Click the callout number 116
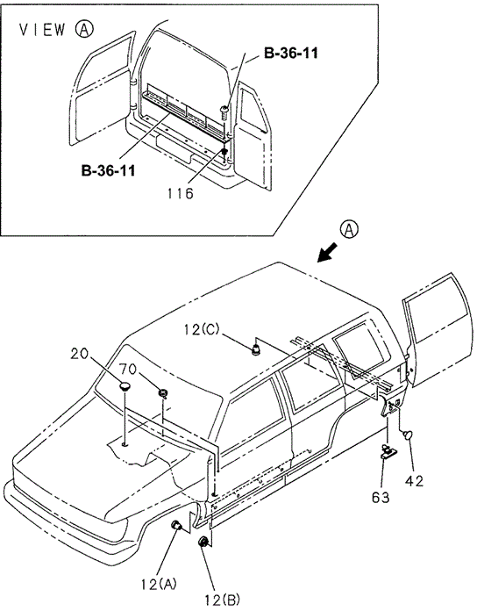coord(181,193)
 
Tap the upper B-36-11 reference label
coord(291,53)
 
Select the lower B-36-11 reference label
coord(108,170)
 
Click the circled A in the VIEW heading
coord(84,29)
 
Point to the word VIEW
coord(42,30)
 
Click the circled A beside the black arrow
coord(349,229)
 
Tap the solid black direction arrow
coord(328,252)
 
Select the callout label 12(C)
coord(202,330)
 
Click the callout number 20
coord(80,354)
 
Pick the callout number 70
coord(128,369)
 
